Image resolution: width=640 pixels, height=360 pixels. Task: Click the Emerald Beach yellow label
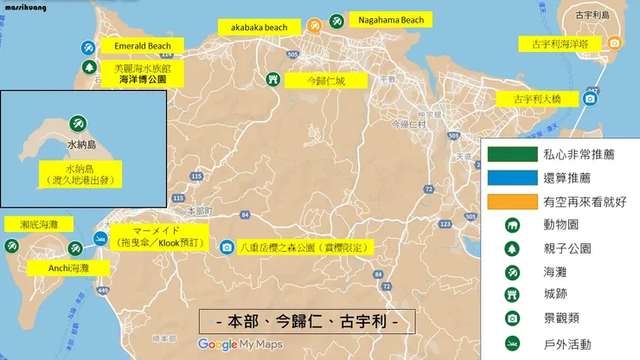click(143, 46)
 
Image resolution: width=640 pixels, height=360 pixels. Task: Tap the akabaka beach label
click(259, 28)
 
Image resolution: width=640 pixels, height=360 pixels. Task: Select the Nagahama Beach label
click(390, 20)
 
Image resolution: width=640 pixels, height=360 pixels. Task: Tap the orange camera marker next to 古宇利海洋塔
click(614, 42)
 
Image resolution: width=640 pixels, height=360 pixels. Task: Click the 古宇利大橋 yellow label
click(537, 99)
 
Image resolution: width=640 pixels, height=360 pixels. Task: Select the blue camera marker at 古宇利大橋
click(590, 99)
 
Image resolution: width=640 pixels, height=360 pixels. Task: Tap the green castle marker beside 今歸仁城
click(273, 80)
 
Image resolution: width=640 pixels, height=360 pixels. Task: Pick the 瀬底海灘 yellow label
click(39, 224)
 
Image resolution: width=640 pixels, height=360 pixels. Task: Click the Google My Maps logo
click(240, 344)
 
